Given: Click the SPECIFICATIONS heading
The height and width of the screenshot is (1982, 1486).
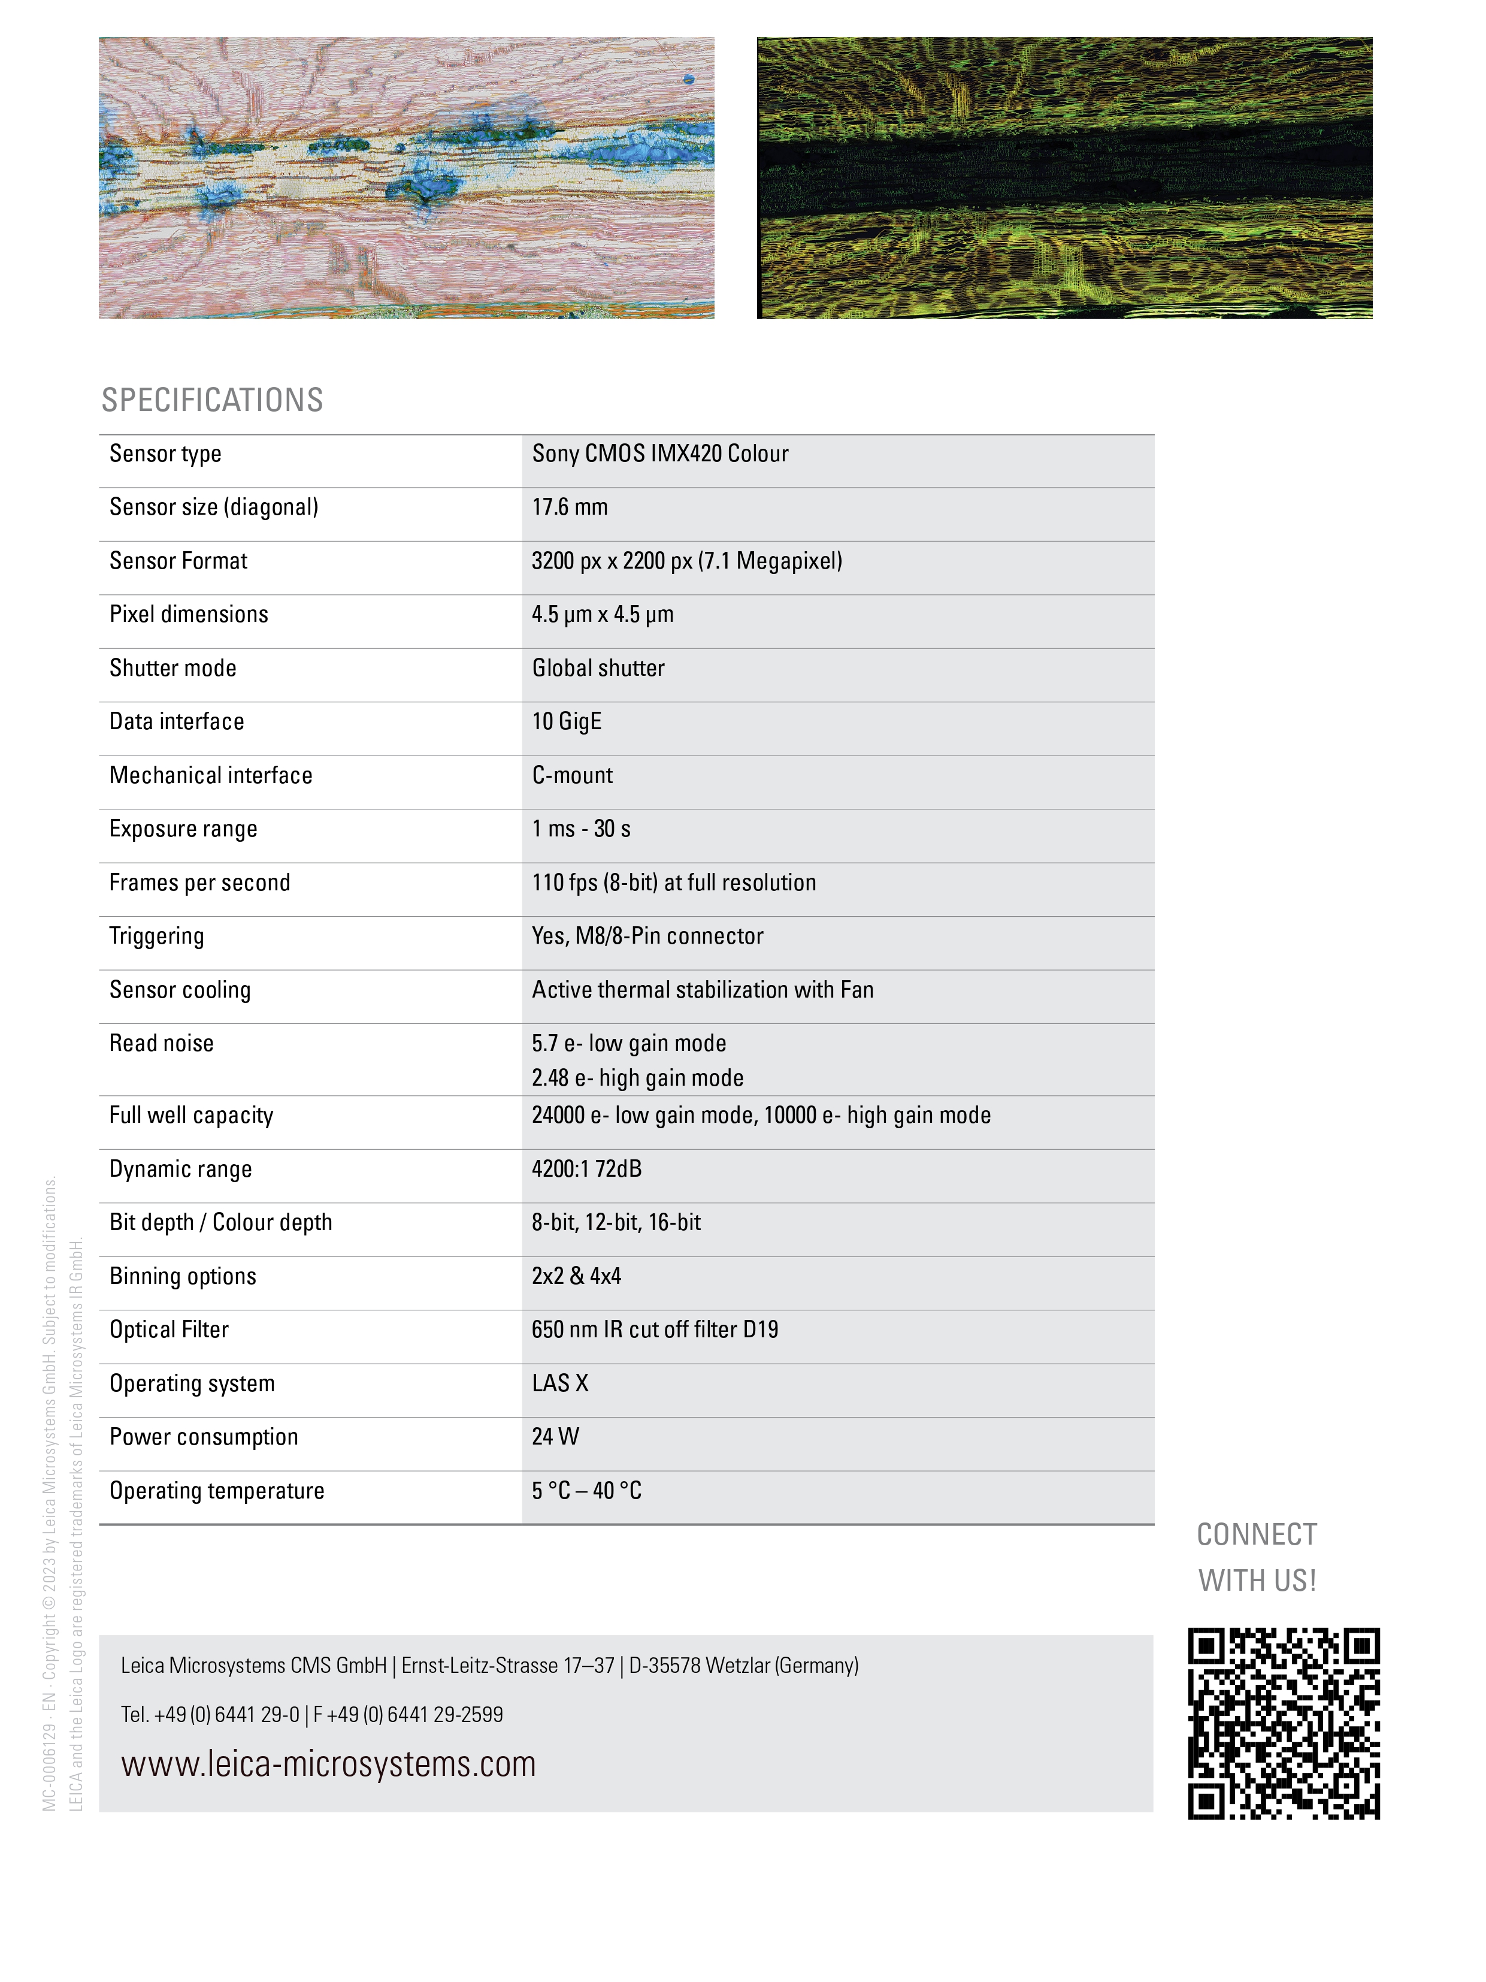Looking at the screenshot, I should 211,400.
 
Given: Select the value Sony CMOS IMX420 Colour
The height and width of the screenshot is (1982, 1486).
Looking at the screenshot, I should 659,454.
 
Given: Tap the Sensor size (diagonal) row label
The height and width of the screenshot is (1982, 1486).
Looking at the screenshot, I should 213,507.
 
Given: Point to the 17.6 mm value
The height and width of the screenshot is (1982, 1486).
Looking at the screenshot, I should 569,507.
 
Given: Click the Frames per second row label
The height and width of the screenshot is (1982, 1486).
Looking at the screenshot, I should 199,883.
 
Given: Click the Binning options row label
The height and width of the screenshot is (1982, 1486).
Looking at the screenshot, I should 182,1276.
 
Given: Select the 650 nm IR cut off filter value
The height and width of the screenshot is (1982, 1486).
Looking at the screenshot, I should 654,1330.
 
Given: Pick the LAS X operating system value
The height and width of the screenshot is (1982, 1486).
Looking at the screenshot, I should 560,1383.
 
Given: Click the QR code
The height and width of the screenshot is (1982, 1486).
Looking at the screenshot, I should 1283,1723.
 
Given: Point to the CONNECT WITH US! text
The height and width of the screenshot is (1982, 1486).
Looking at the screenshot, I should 1256,1557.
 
